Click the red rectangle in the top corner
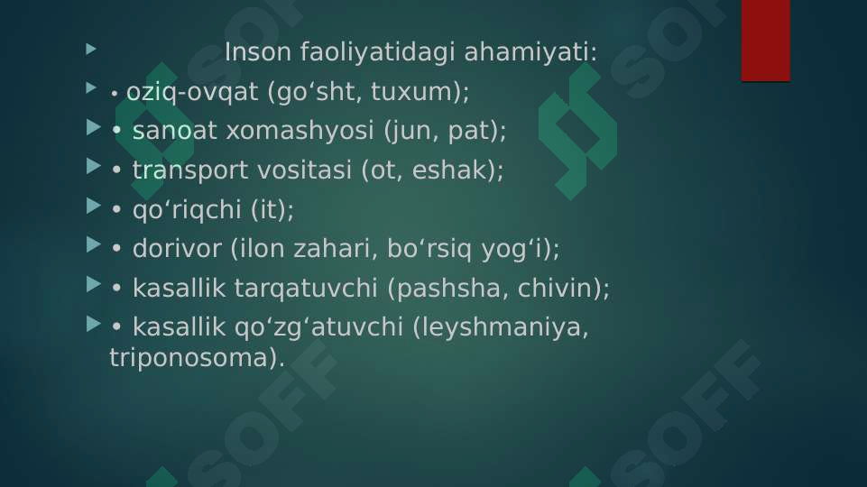[765, 40]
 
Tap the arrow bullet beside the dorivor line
[94, 245]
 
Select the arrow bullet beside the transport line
[94, 167]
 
